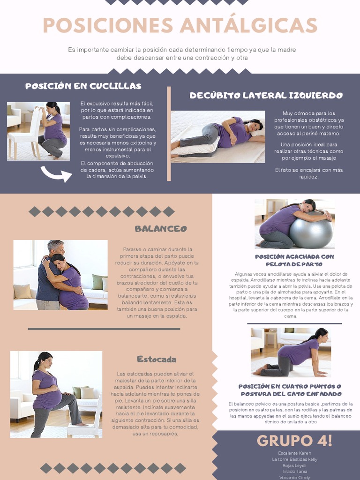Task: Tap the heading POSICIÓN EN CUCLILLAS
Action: (x=83, y=86)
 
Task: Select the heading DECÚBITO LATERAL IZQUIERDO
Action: (x=266, y=96)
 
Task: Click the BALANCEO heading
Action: (x=161, y=229)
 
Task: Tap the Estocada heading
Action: (x=157, y=360)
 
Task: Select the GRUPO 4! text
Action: (x=294, y=441)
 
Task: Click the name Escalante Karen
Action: (x=294, y=454)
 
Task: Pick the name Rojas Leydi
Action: (x=294, y=465)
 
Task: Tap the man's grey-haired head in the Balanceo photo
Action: (x=55, y=247)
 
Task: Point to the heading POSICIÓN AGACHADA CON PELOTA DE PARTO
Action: (x=294, y=260)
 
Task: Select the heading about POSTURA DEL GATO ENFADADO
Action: (x=290, y=390)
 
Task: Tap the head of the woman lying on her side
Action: (x=254, y=125)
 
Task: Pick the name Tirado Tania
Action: (x=294, y=472)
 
